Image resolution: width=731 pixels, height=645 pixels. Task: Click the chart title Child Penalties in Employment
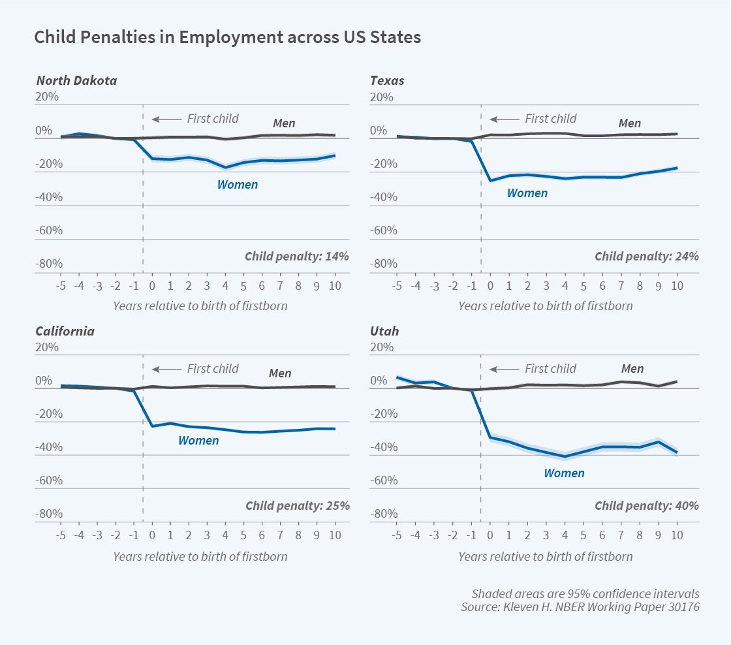(x=227, y=38)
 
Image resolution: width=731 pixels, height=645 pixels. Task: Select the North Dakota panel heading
(x=76, y=81)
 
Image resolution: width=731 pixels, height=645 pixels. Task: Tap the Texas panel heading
(x=387, y=81)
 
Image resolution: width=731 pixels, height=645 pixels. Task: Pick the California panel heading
(x=65, y=331)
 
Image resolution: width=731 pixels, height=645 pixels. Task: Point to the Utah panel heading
(x=384, y=331)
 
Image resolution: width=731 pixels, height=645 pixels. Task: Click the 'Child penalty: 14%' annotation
(x=297, y=256)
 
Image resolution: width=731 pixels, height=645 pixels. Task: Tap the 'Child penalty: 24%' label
(x=647, y=256)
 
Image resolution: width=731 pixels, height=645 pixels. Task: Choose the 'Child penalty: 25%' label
(x=297, y=506)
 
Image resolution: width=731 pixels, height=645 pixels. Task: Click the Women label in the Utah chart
(x=564, y=473)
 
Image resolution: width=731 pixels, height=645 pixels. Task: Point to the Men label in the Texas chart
(x=629, y=123)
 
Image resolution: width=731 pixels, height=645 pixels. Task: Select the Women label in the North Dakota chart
(x=238, y=185)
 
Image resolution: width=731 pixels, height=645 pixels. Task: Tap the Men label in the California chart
(x=280, y=373)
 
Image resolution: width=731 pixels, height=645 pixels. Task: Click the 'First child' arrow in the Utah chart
(x=504, y=370)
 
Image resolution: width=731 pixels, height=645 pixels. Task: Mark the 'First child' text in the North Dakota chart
(x=213, y=119)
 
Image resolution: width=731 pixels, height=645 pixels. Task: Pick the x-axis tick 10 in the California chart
(x=335, y=535)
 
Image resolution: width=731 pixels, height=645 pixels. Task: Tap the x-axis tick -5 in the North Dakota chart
(x=60, y=285)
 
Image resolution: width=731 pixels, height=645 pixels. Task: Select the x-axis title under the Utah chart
(x=545, y=557)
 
